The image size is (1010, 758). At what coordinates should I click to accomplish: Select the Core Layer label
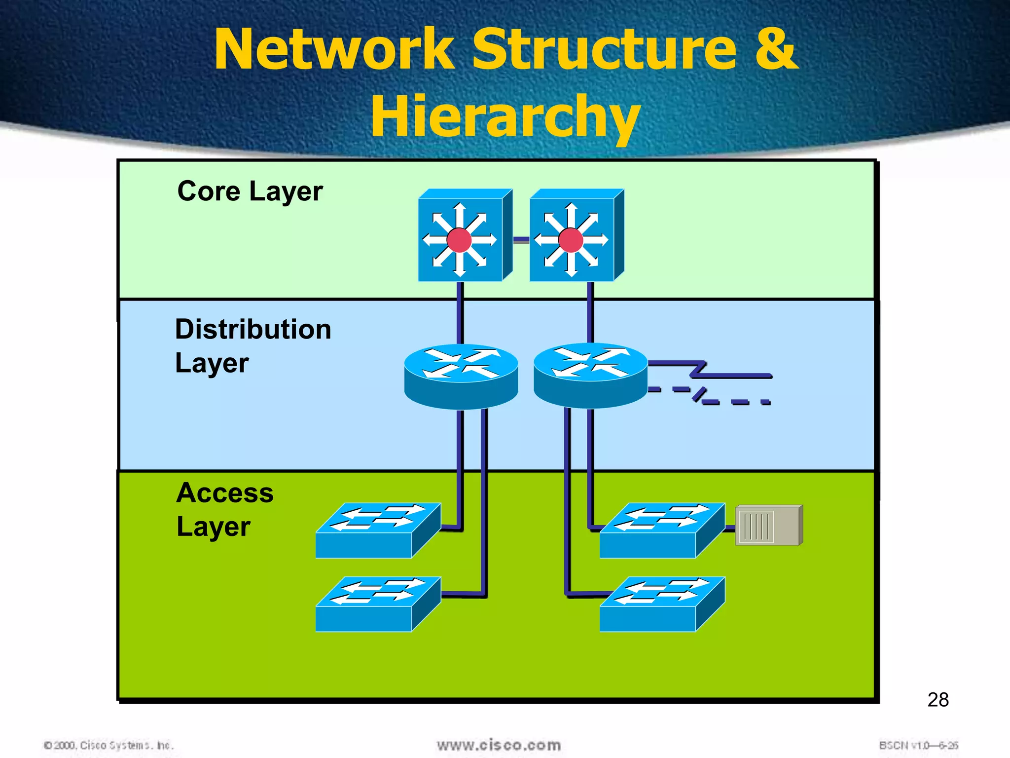click(x=250, y=191)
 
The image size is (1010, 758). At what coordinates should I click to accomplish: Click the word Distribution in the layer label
click(x=253, y=329)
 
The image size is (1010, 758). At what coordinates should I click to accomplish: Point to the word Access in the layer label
click(x=225, y=493)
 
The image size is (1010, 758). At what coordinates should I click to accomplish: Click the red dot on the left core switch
click(x=459, y=240)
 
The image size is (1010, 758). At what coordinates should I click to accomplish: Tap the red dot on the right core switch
click(x=571, y=240)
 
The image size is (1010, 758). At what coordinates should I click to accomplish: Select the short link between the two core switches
click(x=521, y=240)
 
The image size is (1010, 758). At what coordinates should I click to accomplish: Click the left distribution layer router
click(x=461, y=376)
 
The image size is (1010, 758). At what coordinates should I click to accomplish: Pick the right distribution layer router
click(x=590, y=375)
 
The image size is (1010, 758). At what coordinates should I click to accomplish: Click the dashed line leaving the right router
click(x=735, y=402)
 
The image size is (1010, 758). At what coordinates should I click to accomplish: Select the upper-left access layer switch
click(x=378, y=531)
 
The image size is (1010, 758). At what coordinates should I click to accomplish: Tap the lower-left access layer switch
click(x=378, y=604)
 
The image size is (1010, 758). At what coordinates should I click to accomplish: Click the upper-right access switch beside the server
click(x=662, y=531)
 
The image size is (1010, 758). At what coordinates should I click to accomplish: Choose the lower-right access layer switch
click(x=662, y=604)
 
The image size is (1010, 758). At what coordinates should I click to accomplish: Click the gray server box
click(x=768, y=526)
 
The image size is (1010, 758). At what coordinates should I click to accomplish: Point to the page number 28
click(x=938, y=700)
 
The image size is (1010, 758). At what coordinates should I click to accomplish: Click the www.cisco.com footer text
click(x=499, y=745)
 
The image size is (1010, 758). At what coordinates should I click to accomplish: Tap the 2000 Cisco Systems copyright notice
click(x=108, y=745)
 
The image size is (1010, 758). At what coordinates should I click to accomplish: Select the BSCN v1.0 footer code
click(x=918, y=745)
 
